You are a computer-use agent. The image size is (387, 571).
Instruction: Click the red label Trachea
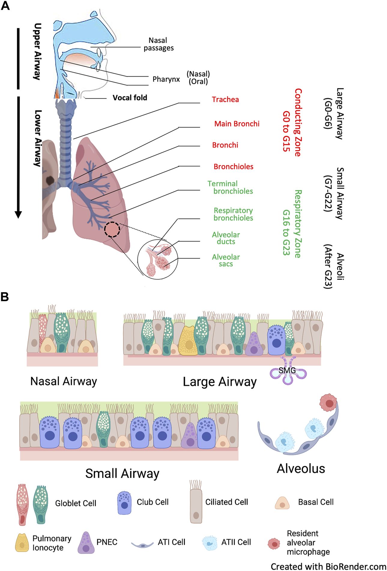click(225, 100)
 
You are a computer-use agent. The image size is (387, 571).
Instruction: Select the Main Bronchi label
click(237, 124)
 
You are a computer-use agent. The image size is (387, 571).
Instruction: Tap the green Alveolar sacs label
click(226, 261)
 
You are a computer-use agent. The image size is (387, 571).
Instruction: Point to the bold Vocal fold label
click(130, 98)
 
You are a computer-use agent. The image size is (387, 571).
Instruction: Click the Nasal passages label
click(158, 44)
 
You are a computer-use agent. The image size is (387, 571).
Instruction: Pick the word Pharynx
click(166, 79)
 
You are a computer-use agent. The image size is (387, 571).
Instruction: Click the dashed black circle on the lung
click(112, 230)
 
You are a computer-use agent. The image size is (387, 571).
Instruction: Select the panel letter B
click(5, 297)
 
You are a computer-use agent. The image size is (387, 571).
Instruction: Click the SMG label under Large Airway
click(287, 371)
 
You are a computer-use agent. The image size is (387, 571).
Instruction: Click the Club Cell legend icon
click(124, 503)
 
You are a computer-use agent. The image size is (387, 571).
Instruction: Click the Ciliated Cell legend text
click(226, 502)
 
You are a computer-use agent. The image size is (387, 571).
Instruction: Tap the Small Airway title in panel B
click(122, 474)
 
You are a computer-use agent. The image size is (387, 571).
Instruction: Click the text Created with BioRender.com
click(328, 566)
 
